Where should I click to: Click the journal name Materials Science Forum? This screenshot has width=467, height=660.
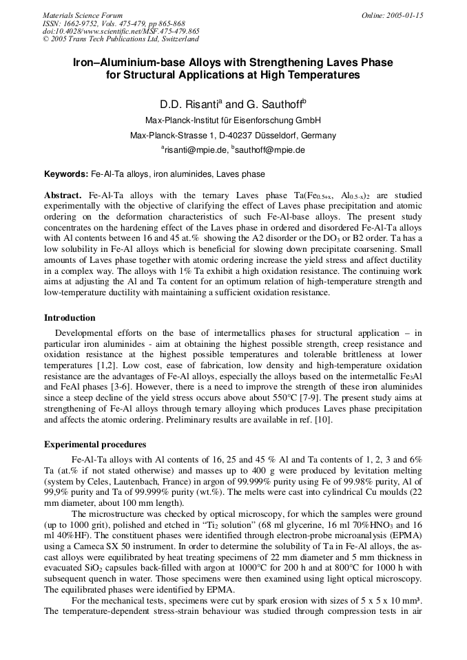(x=83, y=15)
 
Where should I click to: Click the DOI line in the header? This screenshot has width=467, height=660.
(x=121, y=31)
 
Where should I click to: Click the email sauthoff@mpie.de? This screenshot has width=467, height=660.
(x=270, y=149)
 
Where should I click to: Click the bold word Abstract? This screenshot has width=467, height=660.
(x=63, y=195)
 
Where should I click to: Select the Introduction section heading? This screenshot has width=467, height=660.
(x=70, y=318)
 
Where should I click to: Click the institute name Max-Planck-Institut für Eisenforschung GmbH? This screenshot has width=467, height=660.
(x=233, y=120)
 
